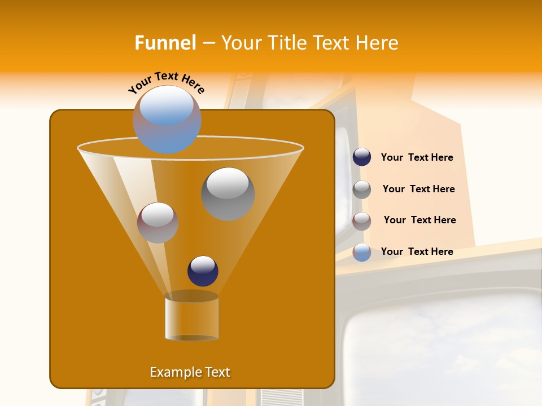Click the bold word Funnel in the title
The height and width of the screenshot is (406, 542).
tap(165, 43)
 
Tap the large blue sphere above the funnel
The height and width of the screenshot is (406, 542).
tap(167, 120)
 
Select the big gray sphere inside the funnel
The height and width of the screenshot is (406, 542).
tap(228, 194)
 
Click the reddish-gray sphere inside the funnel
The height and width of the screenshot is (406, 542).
tap(158, 223)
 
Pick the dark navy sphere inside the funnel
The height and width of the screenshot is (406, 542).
tap(203, 271)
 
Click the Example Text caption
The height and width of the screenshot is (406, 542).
tap(190, 372)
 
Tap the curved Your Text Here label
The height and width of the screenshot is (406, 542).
tap(167, 81)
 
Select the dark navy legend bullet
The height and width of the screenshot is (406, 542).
tap(362, 157)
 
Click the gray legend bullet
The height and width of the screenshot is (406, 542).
tap(362, 189)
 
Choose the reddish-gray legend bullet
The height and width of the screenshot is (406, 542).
tap(362, 220)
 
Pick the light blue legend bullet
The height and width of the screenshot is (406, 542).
tap(362, 252)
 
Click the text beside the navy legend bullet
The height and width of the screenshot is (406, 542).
tap(417, 158)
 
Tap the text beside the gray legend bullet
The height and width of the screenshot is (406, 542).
tap(418, 189)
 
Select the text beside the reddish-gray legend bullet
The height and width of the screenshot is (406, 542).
tap(419, 220)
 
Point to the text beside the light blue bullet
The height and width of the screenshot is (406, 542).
tap(417, 251)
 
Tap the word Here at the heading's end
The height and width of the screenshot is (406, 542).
tap(377, 43)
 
